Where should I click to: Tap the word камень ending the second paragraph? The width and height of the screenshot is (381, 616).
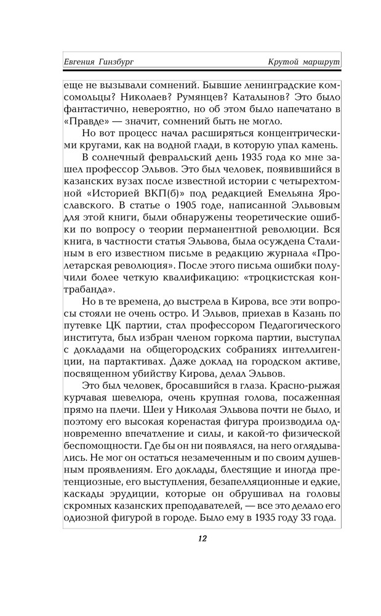[319, 145]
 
